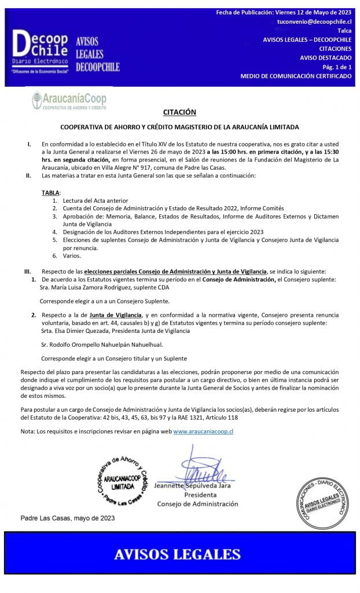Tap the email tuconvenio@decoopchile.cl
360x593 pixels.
314,21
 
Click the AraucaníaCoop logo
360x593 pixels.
69,100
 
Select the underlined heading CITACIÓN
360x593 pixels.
179,112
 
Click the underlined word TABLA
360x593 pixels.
51,192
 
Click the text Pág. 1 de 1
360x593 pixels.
335,67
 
